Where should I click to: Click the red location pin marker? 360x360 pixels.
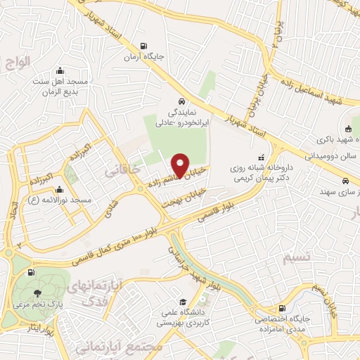(181, 165)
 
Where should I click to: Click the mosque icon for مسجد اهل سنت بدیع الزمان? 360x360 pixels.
(60, 70)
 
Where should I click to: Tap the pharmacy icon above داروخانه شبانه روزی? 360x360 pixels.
(262, 157)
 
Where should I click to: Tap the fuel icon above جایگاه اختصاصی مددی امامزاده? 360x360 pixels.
(282, 308)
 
